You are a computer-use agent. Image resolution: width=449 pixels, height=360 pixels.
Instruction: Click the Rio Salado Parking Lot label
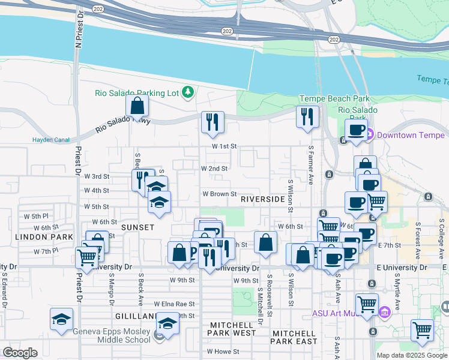click(137, 92)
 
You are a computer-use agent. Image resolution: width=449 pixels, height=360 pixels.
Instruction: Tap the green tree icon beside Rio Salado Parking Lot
click(188, 92)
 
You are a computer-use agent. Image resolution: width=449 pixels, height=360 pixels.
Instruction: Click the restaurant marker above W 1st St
click(212, 123)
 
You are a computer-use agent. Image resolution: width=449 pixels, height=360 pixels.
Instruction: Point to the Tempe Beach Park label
click(334, 98)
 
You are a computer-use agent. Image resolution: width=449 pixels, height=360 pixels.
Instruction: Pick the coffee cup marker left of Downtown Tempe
click(356, 130)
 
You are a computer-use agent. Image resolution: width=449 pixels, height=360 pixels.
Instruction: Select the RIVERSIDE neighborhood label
click(262, 199)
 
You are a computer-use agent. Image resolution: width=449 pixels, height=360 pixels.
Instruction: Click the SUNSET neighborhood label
click(137, 227)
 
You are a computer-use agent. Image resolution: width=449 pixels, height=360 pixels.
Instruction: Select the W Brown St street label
click(218, 194)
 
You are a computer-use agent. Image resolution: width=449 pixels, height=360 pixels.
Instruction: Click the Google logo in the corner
click(20, 353)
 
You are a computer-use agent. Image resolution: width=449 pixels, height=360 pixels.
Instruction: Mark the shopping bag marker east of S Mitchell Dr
click(265, 243)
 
